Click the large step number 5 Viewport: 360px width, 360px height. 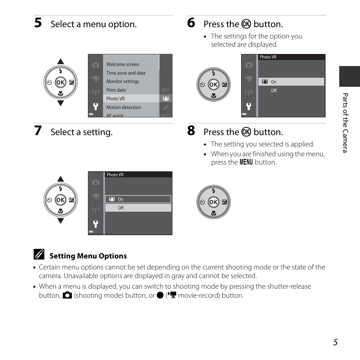pyautogui.click(x=38, y=23)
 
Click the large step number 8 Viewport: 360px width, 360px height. pyautogui.click(x=191, y=131)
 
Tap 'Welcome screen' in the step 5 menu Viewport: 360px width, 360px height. pyautogui.click(x=123, y=65)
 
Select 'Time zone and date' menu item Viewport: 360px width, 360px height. pyautogui.click(x=126, y=73)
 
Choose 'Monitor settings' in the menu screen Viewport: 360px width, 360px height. pyautogui.click(x=123, y=82)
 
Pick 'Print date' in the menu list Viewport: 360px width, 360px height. pyautogui.click(x=116, y=90)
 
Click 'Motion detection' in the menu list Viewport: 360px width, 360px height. pyautogui.click(x=123, y=108)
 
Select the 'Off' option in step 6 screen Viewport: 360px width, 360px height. pyautogui.click(x=274, y=91)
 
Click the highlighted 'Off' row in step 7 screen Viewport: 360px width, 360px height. pyautogui.click(x=138, y=208)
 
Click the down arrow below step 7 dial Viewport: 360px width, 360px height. pyautogui.click(x=61, y=221)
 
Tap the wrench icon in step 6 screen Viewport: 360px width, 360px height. pyautogui.click(x=249, y=106)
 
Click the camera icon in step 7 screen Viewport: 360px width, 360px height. pyautogui.click(x=95, y=182)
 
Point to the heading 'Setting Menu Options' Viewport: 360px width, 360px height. pyautogui.click(x=88, y=256)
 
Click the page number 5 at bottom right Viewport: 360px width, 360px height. pyautogui.click(x=335, y=342)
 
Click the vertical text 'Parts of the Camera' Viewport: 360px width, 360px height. pyautogui.click(x=345, y=123)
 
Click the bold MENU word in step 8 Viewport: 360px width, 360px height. pyautogui.click(x=246, y=162)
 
